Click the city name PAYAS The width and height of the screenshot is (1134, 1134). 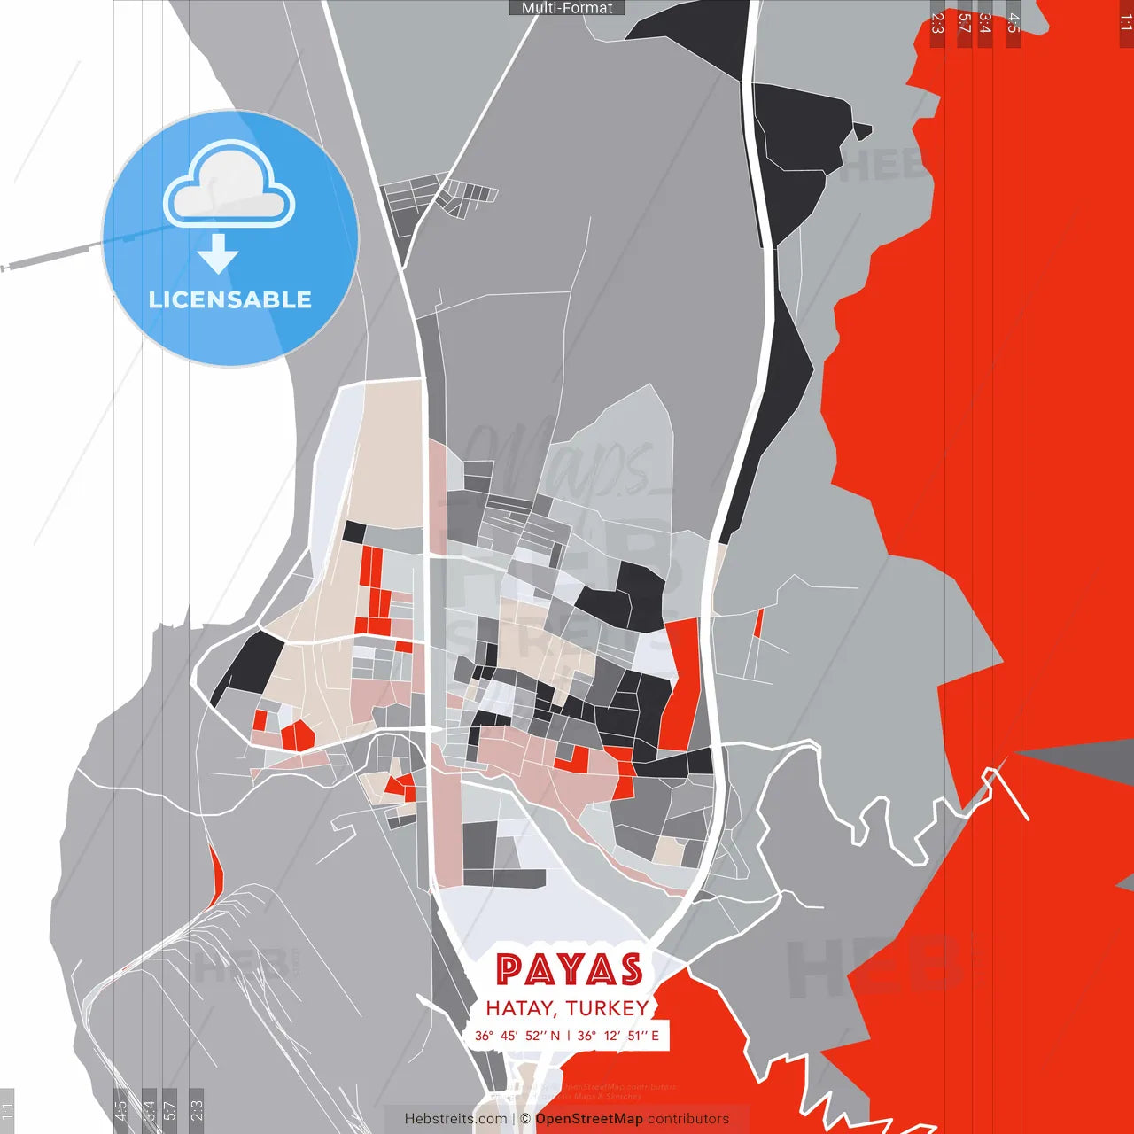pyautogui.click(x=569, y=969)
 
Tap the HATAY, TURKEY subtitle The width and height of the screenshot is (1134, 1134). pyautogui.click(x=567, y=1008)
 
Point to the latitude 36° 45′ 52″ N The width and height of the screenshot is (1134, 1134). pyautogui.click(x=517, y=1036)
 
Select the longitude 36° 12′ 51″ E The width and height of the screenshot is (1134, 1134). pyautogui.click(x=618, y=1036)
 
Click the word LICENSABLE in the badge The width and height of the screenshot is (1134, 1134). pyautogui.click(x=230, y=299)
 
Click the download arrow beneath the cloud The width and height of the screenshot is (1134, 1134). pyautogui.click(x=218, y=253)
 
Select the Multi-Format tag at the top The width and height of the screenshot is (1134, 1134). pyautogui.click(x=567, y=8)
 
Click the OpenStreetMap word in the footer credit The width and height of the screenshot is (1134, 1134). pyautogui.click(x=589, y=1119)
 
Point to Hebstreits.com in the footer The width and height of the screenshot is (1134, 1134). pyautogui.click(x=455, y=1119)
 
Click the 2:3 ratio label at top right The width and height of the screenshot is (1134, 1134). pyautogui.click(x=937, y=23)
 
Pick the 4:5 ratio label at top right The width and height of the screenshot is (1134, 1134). pyautogui.click(x=1014, y=23)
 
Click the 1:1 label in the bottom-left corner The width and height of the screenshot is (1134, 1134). pyautogui.click(x=7, y=1110)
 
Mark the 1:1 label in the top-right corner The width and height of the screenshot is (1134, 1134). pyautogui.click(x=1125, y=23)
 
